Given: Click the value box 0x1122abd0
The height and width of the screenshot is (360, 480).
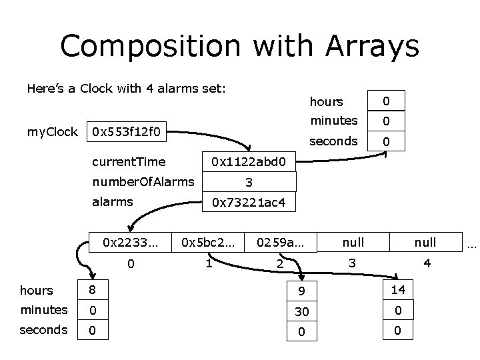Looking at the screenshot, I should tap(249, 161).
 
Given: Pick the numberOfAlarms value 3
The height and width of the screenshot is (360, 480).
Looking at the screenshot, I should tap(249, 181).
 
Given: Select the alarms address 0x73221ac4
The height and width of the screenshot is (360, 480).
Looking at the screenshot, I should tap(249, 203).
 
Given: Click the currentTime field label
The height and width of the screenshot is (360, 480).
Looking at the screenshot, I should tap(129, 161).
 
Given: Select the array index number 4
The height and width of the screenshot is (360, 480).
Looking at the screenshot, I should tap(427, 263).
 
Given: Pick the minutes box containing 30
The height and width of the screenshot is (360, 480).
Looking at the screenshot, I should tap(301, 311).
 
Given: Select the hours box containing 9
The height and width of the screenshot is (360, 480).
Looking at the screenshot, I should tap(301, 290).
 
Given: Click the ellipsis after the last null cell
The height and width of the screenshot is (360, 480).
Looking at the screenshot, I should tap(471, 243).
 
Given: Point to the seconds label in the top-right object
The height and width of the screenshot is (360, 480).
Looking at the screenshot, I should tap(333, 141).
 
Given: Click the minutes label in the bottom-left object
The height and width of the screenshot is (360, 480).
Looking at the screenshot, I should tap(44, 310).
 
